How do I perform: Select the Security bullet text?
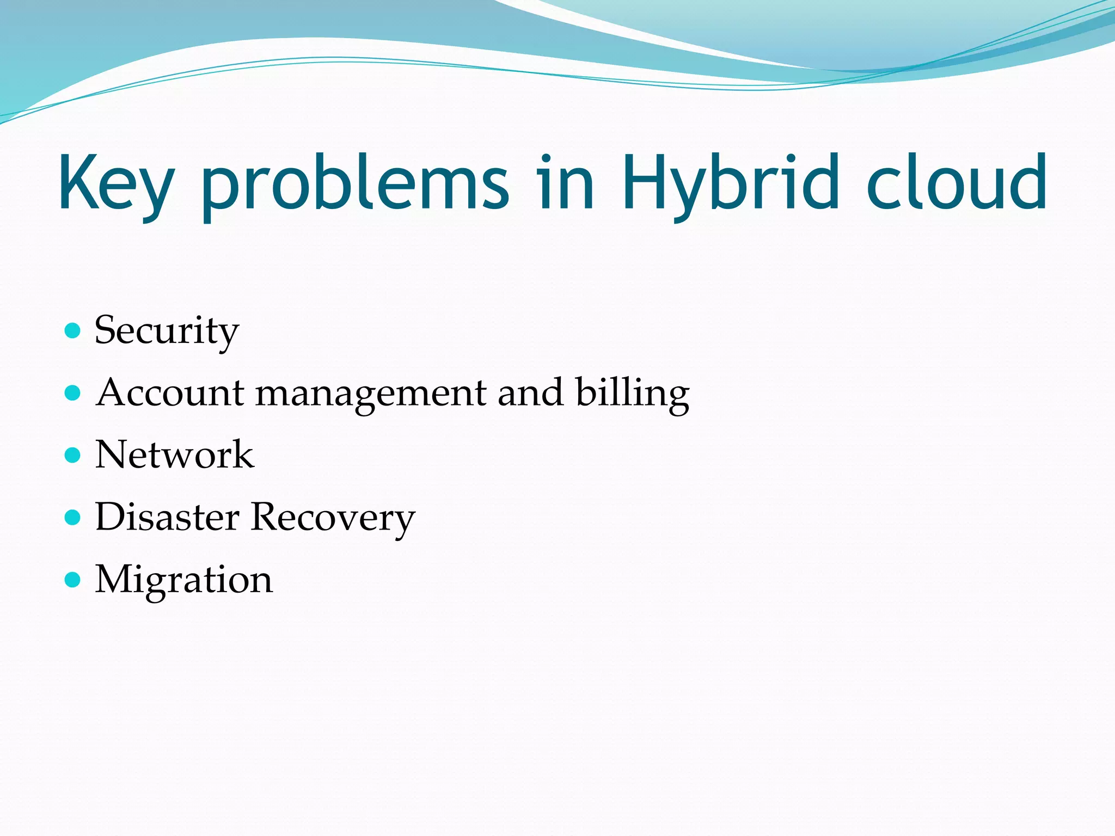[x=167, y=330]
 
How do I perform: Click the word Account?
[x=170, y=392]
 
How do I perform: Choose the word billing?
[x=633, y=394]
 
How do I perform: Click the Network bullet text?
[x=174, y=454]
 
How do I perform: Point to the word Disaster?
[x=167, y=517]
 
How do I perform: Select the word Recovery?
[x=333, y=518]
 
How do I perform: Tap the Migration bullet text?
[x=183, y=580]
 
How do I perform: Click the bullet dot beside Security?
[x=72, y=330]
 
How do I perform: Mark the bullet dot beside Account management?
[x=72, y=392]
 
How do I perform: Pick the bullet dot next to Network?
[x=72, y=454]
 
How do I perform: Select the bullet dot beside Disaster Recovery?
[x=72, y=517]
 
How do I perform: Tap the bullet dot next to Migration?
[x=72, y=579]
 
